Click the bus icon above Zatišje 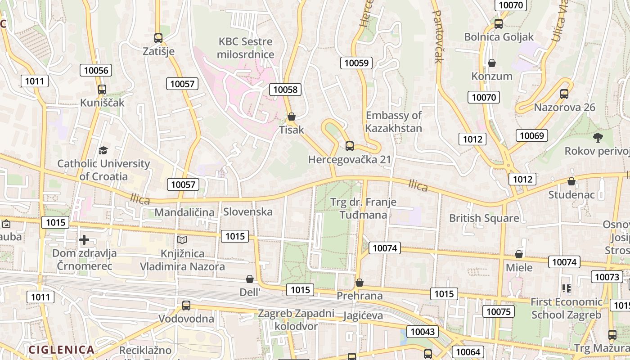pos(158,38)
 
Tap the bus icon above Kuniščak pos(102,89)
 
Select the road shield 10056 pos(96,70)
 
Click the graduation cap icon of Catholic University pos(103,150)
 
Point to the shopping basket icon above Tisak pos(291,117)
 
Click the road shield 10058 pos(285,90)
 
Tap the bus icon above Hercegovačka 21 pos(350,146)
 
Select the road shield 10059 pos(356,63)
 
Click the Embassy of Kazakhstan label pos(393,121)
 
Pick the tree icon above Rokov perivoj pos(598,137)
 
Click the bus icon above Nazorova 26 pos(564,94)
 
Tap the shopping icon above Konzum pos(492,63)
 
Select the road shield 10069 pos(531,135)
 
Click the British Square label pos(484,218)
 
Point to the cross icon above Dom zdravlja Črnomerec pos(84,240)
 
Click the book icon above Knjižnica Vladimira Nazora pos(182,240)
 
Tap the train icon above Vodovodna pos(186,306)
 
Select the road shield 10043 pos(423,332)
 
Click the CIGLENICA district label pos(62,350)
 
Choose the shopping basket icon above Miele pos(519,254)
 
